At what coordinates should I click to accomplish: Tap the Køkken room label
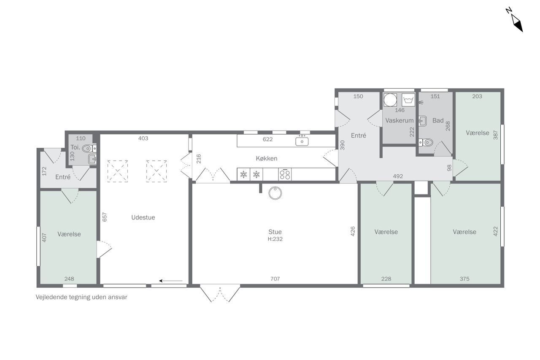click(x=266, y=158)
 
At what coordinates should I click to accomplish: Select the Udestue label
click(x=143, y=217)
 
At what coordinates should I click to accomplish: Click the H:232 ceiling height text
click(x=275, y=239)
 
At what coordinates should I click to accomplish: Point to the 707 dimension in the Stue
click(x=275, y=279)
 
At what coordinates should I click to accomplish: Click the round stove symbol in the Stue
click(x=275, y=193)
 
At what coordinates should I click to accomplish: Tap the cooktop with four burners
click(x=285, y=174)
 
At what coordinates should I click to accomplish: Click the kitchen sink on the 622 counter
click(x=302, y=141)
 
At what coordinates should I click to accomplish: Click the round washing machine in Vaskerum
click(x=390, y=100)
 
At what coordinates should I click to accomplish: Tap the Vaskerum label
click(x=399, y=120)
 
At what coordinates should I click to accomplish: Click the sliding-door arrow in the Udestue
click(x=171, y=281)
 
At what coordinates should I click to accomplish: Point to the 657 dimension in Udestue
click(x=104, y=217)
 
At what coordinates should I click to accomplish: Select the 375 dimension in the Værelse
click(x=464, y=279)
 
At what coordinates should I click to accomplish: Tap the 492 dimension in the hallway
click(x=398, y=176)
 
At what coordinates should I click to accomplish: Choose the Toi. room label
click(x=75, y=147)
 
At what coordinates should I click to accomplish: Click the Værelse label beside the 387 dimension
click(x=477, y=133)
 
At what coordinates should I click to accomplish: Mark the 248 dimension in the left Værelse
click(x=69, y=279)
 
